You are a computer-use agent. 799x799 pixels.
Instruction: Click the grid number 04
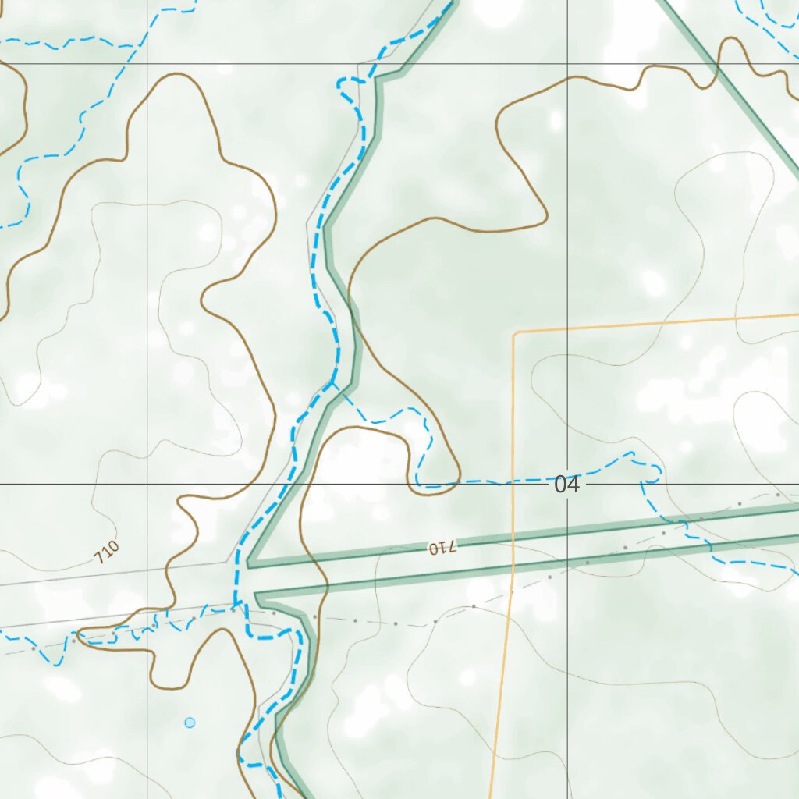(567, 485)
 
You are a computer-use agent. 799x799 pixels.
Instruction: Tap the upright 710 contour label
(106, 552)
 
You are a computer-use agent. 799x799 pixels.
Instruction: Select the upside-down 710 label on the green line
(441, 548)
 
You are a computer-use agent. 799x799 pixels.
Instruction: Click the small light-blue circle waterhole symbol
(190, 723)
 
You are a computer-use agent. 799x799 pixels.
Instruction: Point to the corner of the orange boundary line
(514, 333)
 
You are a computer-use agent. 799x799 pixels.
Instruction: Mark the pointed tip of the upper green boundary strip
(249, 564)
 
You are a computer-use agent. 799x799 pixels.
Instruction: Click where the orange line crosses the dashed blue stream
(513, 481)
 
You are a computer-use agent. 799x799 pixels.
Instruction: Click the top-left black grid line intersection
(147, 63)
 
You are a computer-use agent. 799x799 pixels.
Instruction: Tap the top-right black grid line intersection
(567, 63)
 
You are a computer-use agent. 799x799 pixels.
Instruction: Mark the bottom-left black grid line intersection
(147, 484)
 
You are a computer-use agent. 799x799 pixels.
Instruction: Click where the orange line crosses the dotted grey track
(511, 595)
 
